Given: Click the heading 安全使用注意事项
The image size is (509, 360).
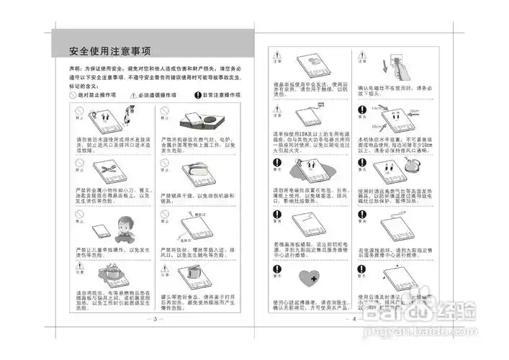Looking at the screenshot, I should [x=109, y=52].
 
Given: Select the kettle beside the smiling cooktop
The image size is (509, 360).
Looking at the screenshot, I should [x=415, y=166].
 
